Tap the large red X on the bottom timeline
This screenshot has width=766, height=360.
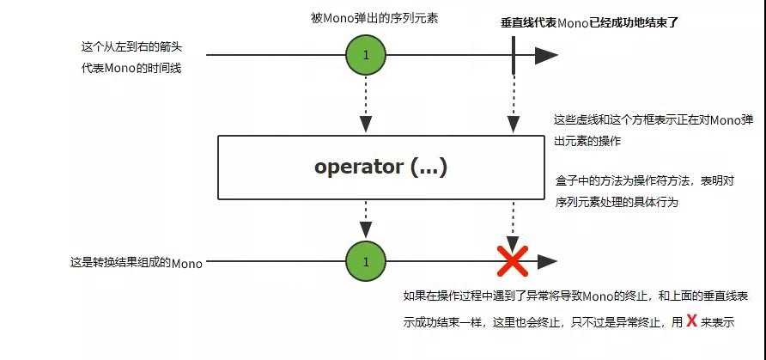[x=513, y=260]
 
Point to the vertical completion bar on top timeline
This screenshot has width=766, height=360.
[x=513, y=56]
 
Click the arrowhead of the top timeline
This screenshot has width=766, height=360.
[x=546, y=56]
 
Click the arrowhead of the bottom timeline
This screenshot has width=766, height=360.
[x=546, y=260]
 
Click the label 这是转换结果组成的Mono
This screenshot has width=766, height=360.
[x=136, y=264]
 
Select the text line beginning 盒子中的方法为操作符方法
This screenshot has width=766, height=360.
[x=644, y=182]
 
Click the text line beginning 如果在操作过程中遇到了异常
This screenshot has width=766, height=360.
[x=574, y=296]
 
